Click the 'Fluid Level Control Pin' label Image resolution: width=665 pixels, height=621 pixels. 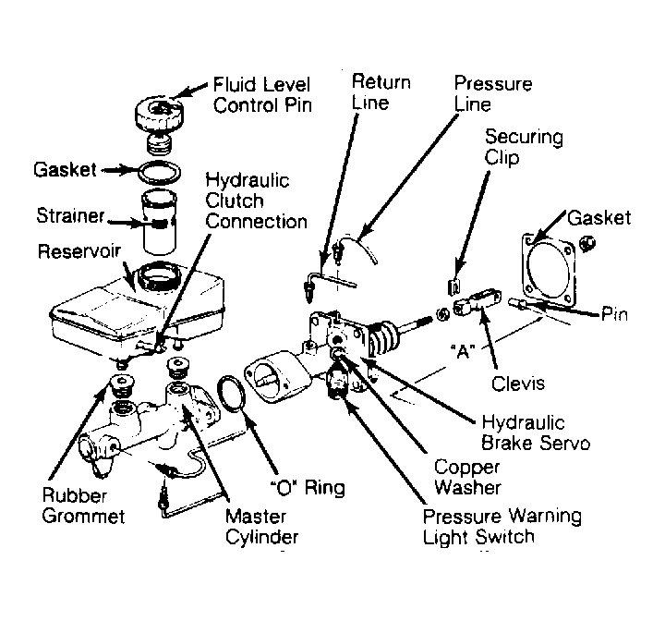tap(262, 95)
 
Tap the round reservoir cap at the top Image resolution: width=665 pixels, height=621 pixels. tap(160, 114)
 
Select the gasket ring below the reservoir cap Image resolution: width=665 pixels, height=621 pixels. tap(159, 172)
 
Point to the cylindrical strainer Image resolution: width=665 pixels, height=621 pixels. tap(159, 222)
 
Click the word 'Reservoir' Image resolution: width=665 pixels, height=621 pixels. tap(79, 251)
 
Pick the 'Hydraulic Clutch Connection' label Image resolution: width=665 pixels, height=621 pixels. tap(256, 201)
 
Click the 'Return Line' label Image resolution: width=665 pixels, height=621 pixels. tap(381, 92)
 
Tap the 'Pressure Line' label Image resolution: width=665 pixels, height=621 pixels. tap(493, 94)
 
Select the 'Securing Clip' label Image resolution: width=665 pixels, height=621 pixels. tap(524, 147)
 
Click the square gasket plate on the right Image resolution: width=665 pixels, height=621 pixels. tap(550, 271)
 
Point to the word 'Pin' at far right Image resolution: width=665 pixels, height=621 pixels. tap(614, 315)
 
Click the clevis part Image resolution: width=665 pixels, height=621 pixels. tap(477, 302)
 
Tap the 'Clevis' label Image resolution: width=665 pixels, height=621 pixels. tap(518, 384)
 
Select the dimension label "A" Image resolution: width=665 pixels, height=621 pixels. tap(463, 351)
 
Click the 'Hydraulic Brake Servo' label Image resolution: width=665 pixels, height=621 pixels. tap(536, 433)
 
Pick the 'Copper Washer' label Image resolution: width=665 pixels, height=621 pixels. tap(467, 477)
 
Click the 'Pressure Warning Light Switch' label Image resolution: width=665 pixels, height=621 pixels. tap(502, 527)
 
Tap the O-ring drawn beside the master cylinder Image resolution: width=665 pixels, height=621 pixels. tap(232, 394)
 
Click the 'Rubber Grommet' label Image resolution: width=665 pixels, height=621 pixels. tap(83, 506)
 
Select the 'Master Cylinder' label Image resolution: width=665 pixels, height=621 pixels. tap(261, 527)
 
